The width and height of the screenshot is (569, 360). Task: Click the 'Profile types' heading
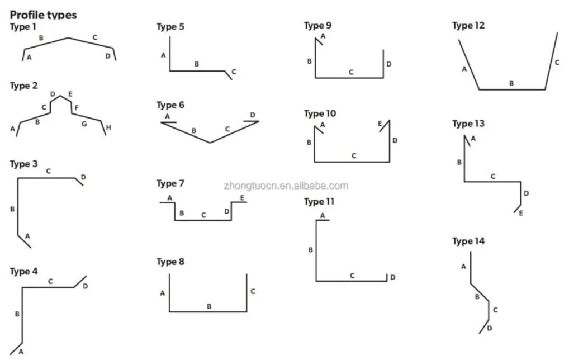(x=43, y=15)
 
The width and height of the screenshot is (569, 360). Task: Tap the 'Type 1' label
(x=23, y=26)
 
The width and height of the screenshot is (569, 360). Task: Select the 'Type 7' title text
(x=170, y=183)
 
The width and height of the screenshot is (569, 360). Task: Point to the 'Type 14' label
(x=468, y=241)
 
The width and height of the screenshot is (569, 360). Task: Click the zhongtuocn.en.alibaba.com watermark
(x=286, y=186)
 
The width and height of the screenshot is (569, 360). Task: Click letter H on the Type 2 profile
(x=108, y=127)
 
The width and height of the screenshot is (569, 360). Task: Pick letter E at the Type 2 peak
(x=70, y=94)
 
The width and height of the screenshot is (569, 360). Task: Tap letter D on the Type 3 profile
(x=83, y=177)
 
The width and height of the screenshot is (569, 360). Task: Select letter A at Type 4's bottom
(x=21, y=351)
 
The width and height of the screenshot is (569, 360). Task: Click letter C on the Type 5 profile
(x=234, y=72)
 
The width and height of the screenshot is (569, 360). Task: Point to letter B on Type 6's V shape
(x=194, y=131)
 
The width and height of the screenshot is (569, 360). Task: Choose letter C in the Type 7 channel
(x=203, y=215)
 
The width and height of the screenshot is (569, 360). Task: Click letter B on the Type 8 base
(x=209, y=306)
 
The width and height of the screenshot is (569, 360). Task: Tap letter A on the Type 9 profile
(x=323, y=36)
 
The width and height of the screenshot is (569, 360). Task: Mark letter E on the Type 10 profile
(x=380, y=124)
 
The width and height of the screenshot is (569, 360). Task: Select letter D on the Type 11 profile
(x=392, y=277)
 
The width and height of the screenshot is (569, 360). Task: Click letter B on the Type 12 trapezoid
(x=511, y=83)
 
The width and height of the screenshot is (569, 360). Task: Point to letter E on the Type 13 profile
(x=521, y=213)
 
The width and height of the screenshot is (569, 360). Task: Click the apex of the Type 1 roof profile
(x=68, y=38)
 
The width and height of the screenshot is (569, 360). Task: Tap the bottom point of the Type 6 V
(x=210, y=143)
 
